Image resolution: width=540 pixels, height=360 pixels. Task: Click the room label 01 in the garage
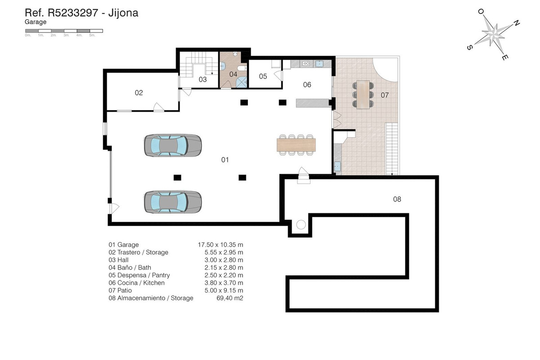pyautogui.click(x=225, y=160)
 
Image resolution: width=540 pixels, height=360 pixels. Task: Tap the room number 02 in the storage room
pyautogui.click(x=139, y=93)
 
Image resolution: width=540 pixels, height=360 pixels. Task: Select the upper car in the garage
pyautogui.click(x=173, y=145)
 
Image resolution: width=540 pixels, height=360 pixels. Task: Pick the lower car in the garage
pyautogui.click(x=173, y=202)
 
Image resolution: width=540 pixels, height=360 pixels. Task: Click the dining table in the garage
pyautogui.click(x=296, y=145)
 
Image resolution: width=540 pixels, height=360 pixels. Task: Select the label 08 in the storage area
pyautogui.click(x=397, y=199)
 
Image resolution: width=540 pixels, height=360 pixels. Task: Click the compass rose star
pyautogui.click(x=493, y=34)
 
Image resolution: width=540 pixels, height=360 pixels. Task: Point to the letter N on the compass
pyautogui.click(x=517, y=23)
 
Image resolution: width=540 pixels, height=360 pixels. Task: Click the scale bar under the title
pyautogui.click(x=64, y=31)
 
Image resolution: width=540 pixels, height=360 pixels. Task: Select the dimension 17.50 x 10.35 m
pyautogui.click(x=220, y=245)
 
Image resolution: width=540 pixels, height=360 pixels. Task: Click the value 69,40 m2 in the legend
pyautogui.click(x=230, y=298)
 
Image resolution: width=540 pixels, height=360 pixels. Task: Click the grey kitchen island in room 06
pyautogui.click(x=312, y=103)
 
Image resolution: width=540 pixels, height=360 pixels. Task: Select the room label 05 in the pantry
pyautogui.click(x=263, y=76)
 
